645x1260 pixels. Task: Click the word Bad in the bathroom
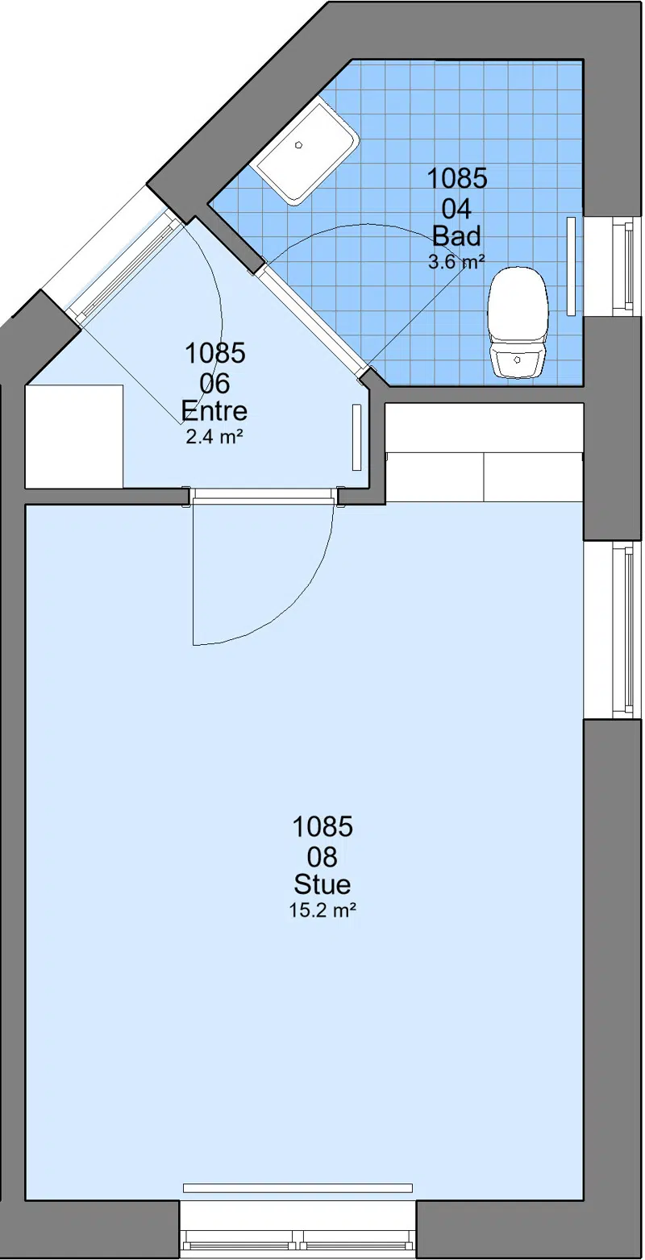[456, 236]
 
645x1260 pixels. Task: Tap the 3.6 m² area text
[456, 262]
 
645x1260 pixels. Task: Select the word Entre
[214, 411]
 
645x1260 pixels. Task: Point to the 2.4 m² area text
[214, 437]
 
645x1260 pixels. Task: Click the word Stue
[322, 884]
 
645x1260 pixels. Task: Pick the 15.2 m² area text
[322, 910]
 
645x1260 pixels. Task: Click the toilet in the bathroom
[518, 322]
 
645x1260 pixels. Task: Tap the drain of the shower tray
[299, 144]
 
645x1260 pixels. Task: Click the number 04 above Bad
[456, 210]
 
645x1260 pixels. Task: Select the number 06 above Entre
[214, 385]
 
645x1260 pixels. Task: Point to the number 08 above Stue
[322, 857]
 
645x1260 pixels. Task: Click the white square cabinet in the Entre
[74, 436]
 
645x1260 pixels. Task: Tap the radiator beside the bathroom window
[572, 265]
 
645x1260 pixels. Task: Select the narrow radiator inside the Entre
[356, 437]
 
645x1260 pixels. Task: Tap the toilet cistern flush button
[517, 358]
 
